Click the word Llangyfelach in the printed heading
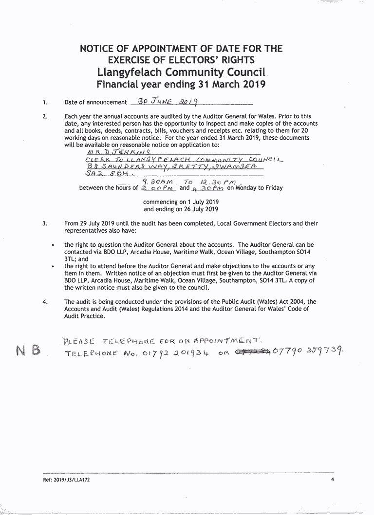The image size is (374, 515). (129, 73)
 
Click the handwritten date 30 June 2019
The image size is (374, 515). (165, 101)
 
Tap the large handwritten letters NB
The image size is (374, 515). (28, 350)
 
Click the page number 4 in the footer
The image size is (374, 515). (332, 479)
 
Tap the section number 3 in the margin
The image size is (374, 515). (44, 224)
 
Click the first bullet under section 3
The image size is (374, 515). (53, 245)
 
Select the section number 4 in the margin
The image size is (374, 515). (44, 302)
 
